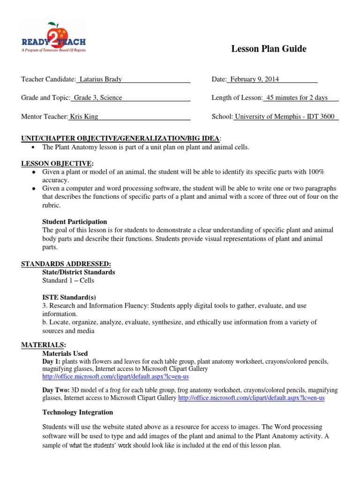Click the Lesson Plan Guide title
tap(269, 49)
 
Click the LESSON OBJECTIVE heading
tap(57, 163)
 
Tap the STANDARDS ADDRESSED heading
tap(66, 264)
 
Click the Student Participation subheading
tap(75, 222)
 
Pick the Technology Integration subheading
tap(77, 412)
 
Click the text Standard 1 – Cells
tap(68, 280)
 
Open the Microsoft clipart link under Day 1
tap(115, 377)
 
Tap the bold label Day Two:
tap(56, 390)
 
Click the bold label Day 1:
tap(51, 362)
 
